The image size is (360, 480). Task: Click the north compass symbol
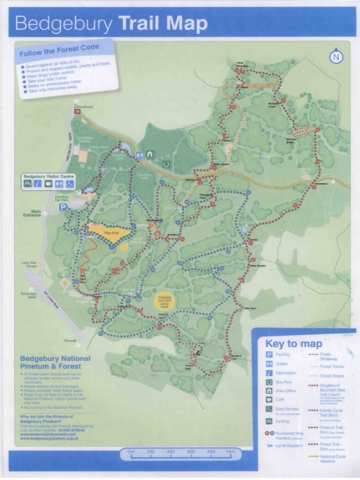coord(336,57)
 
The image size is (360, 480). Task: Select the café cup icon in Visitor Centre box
coord(49,184)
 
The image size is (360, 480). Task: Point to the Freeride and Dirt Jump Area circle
coord(165,301)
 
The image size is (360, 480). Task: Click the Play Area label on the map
coord(111,232)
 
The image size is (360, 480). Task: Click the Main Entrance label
coord(32,213)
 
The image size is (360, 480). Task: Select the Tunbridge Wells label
coord(28,295)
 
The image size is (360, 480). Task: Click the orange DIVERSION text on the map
coord(262,86)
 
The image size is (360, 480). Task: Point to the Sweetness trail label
coord(321,184)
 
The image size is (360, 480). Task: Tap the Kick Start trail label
coord(250,308)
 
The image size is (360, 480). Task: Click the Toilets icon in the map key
coord(270,364)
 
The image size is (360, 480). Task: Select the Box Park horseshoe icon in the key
coord(270,382)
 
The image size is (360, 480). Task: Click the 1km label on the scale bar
coord(230,452)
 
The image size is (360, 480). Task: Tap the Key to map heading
coord(293,344)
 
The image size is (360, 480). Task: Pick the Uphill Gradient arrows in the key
coord(270,446)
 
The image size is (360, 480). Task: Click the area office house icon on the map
coord(150,153)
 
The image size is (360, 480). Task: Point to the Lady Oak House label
coord(29,264)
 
